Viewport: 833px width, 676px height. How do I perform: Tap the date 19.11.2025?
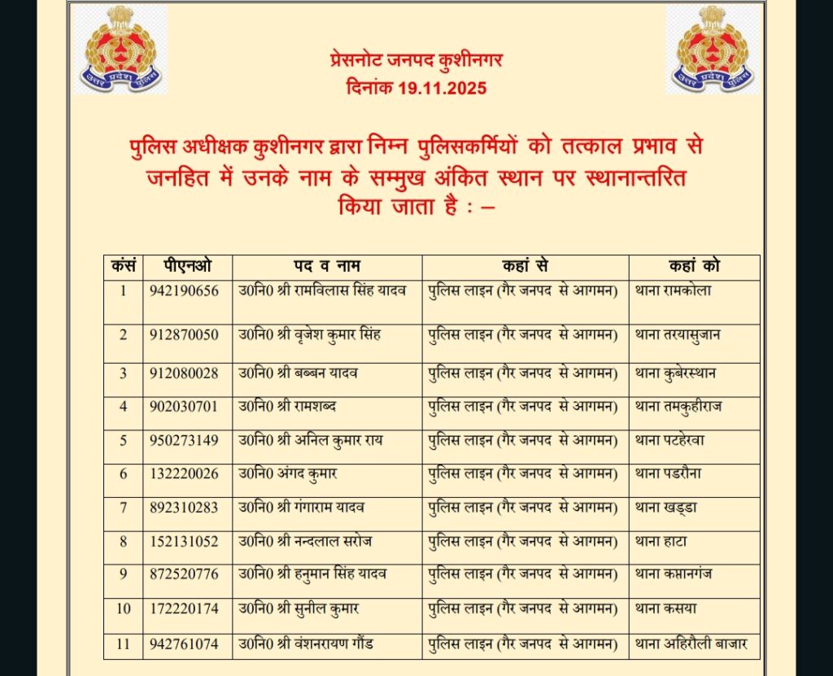click(x=443, y=88)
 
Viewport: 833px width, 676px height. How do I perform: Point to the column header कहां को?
click(x=694, y=266)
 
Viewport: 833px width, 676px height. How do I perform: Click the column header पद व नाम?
click(x=327, y=266)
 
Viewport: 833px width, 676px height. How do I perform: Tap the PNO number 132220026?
click(x=184, y=473)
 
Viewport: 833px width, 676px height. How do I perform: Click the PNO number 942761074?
click(x=184, y=645)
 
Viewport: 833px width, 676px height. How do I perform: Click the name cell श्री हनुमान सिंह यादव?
click(x=312, y=574)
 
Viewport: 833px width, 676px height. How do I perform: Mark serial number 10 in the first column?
click(x=124, y=608)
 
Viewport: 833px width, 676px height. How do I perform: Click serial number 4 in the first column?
click(x=124, y=406)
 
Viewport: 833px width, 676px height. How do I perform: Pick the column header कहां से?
click(x=525, y=266)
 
